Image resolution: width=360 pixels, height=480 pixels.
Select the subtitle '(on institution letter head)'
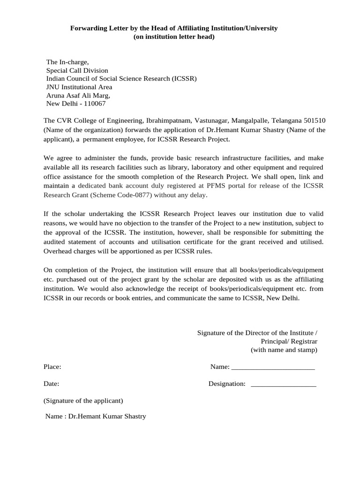click(174, 37)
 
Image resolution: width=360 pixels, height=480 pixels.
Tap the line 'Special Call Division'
click(77, 70)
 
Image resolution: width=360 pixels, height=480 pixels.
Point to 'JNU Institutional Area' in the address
click(79, 87)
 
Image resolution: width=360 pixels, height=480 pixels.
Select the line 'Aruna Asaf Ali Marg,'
click(78, 95)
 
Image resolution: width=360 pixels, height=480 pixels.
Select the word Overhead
click(58, 251)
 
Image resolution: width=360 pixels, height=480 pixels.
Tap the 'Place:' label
click(52, 367)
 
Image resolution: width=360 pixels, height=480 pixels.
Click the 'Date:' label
click(52, 384)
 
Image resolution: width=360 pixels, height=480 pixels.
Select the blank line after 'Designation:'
click(284, 385)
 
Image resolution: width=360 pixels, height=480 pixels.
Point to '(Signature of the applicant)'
click(83, 401)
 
